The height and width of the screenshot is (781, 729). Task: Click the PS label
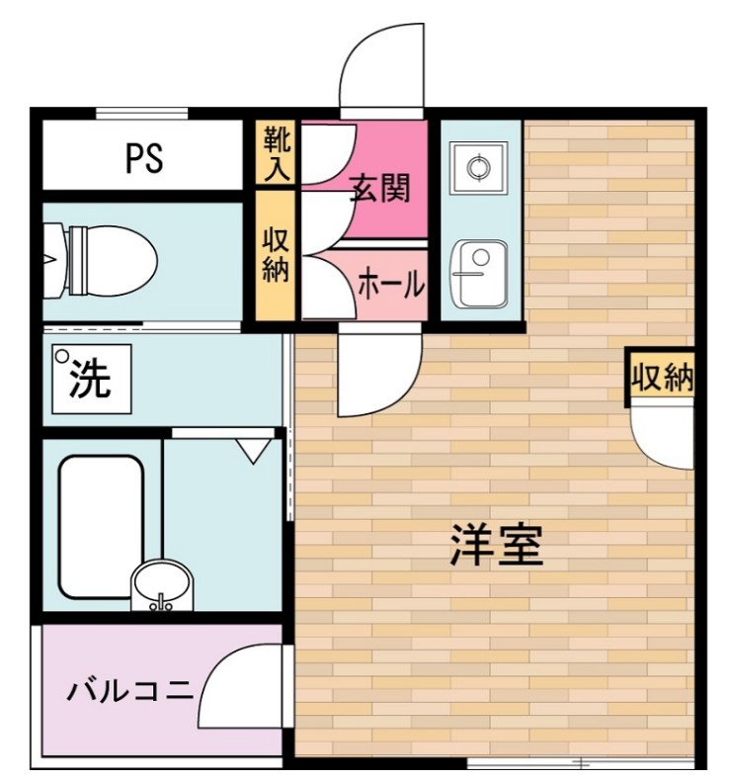[144, 158]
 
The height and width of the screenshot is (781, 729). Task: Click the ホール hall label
[390, 285]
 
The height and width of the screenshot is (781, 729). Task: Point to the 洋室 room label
[497, 546]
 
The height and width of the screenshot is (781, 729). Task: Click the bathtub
[101, 525]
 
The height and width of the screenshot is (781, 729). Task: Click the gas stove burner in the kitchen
[478, 167]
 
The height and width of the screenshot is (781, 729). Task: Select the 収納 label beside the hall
[276, 255]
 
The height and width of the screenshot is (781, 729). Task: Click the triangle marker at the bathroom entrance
[254, 451]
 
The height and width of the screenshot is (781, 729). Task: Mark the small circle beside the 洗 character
[62, 357]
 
